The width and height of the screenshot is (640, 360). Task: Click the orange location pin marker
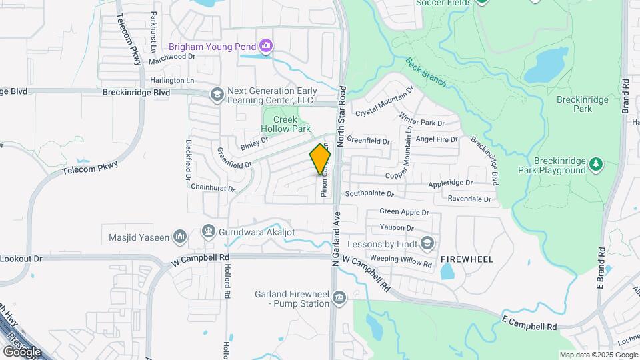(x=320, y=160)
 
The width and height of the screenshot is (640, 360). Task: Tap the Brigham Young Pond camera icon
(x=266, y=46)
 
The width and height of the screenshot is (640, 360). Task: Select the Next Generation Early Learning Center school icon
(x=216, y=95)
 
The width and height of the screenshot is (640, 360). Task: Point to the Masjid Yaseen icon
(x=179, y=236)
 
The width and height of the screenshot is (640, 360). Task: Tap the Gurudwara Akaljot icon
(x=209, y=232)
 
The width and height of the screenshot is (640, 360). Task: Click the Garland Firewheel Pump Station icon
(x=339, y=297)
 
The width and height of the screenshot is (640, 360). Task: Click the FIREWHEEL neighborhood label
(x=467, y=259)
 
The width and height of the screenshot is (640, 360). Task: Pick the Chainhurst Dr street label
(x=213, y=189)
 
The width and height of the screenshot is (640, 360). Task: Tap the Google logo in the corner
(x=21, y=351)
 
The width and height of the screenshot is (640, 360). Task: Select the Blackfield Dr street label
(x=189, y=162)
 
